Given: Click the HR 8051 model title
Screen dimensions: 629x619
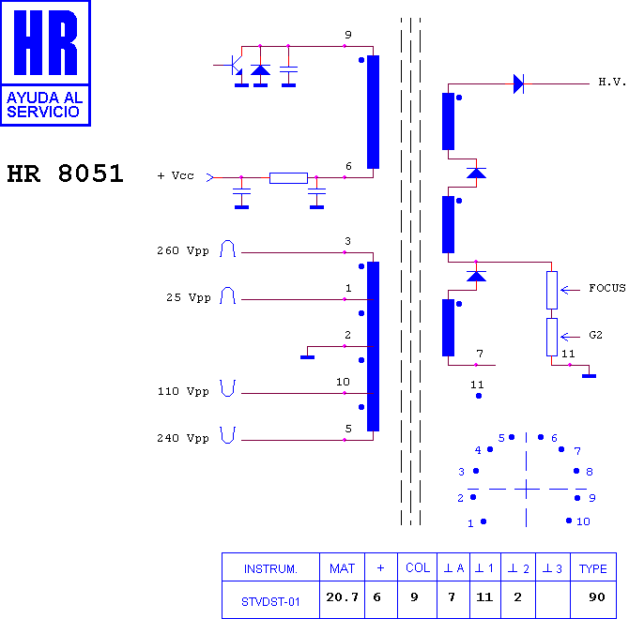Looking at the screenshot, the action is pyautogui.click(x=66, y=174).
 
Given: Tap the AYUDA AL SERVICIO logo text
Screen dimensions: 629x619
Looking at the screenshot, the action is pyautogui.click(x=44, y=104).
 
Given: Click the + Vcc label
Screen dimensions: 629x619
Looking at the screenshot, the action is pyautogui.click(x=176, y=175).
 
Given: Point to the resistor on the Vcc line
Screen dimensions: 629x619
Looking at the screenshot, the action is pyautogui.click(x=288, y=178).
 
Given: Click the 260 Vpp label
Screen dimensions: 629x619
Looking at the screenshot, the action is pyautogui.click(x=183, y=250).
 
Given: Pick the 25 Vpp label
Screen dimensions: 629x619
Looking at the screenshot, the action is pyautogui.click(x=189, y=297).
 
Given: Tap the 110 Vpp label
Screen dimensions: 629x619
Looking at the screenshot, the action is pyautogui.click(x=183, y=391).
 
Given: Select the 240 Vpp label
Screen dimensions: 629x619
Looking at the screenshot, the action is pyautogui.click(x=183, y=438).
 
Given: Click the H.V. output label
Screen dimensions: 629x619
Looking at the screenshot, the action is pyautogui.click(x=612, y=83).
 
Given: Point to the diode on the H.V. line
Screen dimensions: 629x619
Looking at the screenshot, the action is pyautogui.click(x=518, y=84).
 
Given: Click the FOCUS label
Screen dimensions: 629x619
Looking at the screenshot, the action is pyautogui.click(x=606, y=288).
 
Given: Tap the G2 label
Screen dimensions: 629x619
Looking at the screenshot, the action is pyautogui.click(x=596, y=335).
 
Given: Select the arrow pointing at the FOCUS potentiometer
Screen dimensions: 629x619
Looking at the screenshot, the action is pyautogui.click(x=570, y=290).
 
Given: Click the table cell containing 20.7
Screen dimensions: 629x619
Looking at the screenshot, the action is pyautogui.click(x=342, y=599).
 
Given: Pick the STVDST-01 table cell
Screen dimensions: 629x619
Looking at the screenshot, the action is pyautogui.click(x=270, y=599).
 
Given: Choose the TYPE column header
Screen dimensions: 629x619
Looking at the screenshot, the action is pyautogui.click(x=593, y=567).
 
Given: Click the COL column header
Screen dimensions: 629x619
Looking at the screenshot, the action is pyautogui.click(x=417, y=567).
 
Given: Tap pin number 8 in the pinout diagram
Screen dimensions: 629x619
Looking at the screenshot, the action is pyautogui.click(x=590, y=472).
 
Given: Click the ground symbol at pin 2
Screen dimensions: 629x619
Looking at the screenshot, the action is pyautogui.click(x=307, y=357).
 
